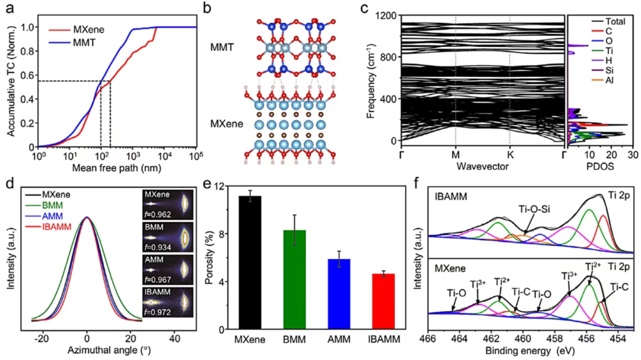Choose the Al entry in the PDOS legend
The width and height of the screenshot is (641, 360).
click(611, 80)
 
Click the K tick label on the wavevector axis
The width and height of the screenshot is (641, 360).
click(510, 153)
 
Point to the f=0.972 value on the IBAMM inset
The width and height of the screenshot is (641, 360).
click(171, 312)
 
